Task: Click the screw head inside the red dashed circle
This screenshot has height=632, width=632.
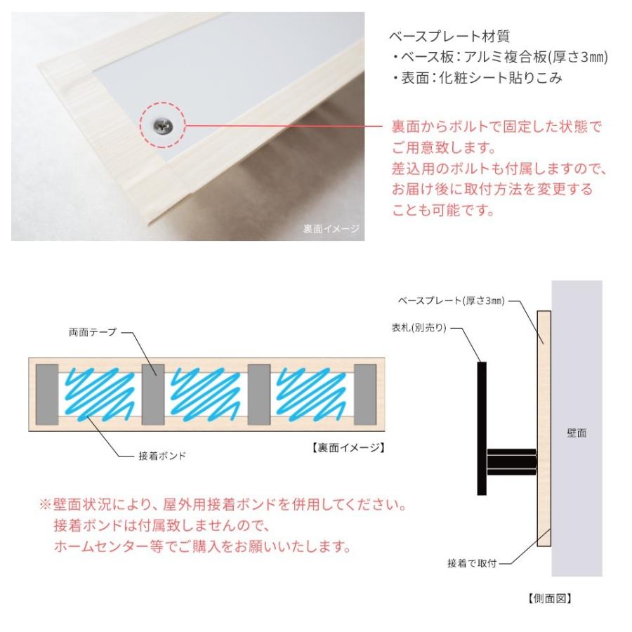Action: [162, 126]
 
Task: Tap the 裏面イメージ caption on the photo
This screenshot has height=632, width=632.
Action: [330, 228]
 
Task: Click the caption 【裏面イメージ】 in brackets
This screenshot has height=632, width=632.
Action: [348, 446]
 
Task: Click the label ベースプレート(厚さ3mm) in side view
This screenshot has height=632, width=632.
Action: [450, 301]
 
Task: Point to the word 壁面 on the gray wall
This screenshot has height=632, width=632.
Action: [577, 433]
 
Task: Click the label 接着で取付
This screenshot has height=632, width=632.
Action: [473, 563]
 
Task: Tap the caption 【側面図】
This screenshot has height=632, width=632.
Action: [550, 599]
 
